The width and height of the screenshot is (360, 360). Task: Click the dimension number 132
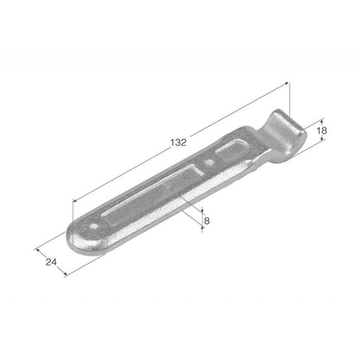click(178, 143)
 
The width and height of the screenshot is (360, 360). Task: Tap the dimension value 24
click(51, 262)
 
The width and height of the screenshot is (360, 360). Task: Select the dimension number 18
click(322, 130)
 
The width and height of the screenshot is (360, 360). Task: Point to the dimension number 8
click(207, 221)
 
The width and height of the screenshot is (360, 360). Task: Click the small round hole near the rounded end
click(94, 226)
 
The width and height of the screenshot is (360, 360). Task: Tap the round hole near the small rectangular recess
click(209, 163)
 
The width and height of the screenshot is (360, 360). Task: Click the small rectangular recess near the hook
click(232, 152)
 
